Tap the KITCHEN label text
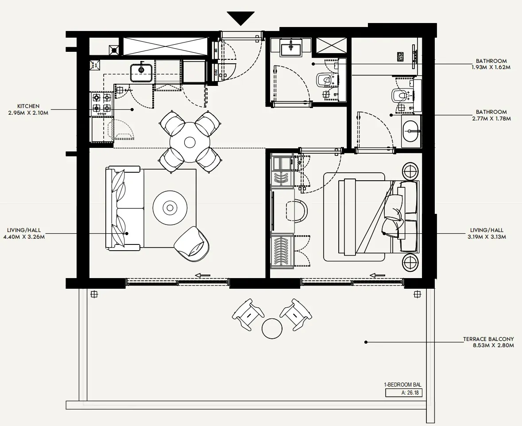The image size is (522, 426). coord(28,106)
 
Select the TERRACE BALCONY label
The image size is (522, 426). coord(488,339)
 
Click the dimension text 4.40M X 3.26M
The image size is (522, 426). coord(23,237)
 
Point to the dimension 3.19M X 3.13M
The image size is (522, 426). coord(487,237)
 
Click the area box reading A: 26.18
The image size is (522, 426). coord(404,393)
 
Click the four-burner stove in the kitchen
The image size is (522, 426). coord(101,104)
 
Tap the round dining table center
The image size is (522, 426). coord(190,142)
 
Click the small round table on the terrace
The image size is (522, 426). coord(272,329)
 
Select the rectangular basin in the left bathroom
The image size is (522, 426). coord(291,49)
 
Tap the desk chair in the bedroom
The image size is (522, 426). coord(297,210)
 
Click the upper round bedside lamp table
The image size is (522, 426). coord(411,171)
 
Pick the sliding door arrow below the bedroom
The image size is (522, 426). coord(378,275)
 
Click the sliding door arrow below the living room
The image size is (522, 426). coord(203,275)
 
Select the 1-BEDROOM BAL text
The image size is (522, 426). coord(402,385)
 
